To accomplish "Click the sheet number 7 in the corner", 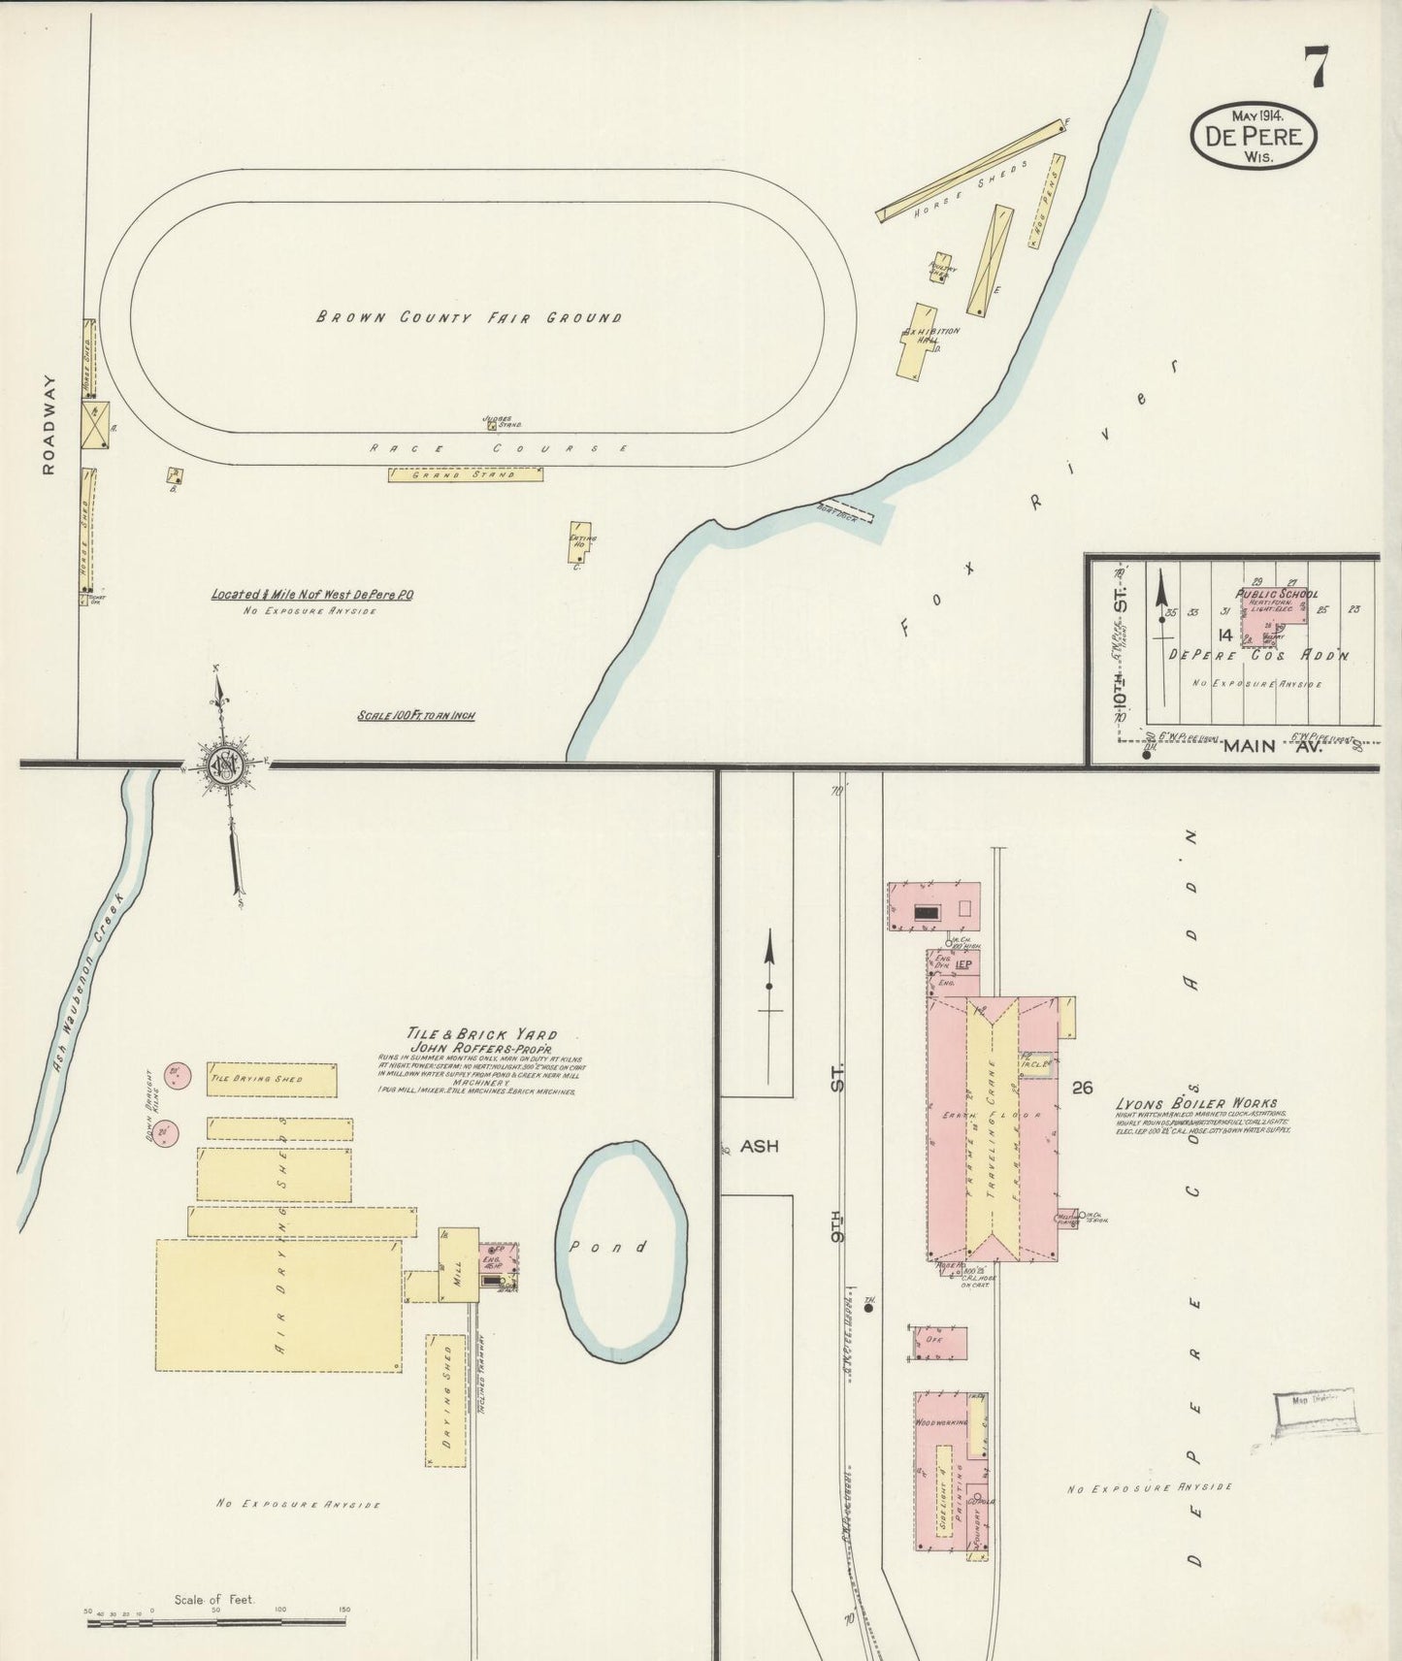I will (x=1317, y=67).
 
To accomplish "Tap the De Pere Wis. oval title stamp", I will (x=1254, y=137).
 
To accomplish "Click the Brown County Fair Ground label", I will (x=469, y=317).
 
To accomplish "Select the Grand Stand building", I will (x=466, y=474).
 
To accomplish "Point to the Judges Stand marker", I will (x=492, y=424).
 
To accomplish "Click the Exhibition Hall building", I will (x=917, y=342).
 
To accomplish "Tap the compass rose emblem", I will (x=224, y=765).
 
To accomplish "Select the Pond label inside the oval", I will (x=620, y=1247).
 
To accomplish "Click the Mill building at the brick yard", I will (x=458, y=1265).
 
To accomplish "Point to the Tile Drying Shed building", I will (x=272, y=1080).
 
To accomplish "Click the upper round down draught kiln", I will (x=176, y=1075).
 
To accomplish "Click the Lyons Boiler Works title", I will (x=1196, y=1103).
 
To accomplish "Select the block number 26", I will (x=1083, y=1088).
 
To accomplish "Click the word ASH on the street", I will (x=760, y=1146).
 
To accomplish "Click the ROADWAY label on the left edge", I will (x=49, y=425).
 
